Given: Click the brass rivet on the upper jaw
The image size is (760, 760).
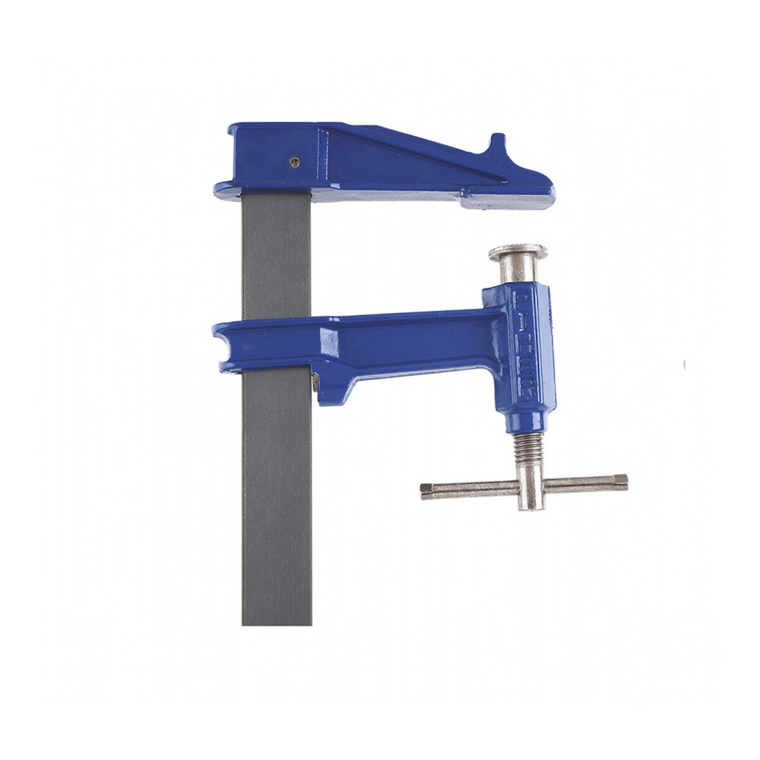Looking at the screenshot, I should point(293,162).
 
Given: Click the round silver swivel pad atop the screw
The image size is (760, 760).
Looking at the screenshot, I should point(517,251).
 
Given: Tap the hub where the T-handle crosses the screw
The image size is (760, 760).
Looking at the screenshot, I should point(531,486).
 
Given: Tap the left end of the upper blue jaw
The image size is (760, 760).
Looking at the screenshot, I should point(222,187).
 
